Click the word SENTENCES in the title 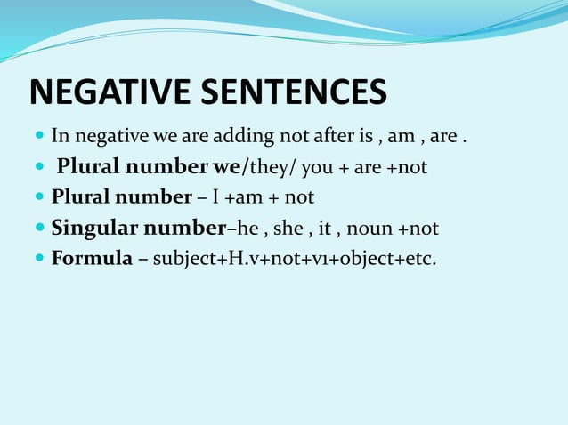coord(298,92)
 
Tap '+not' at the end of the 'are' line coord(408,167)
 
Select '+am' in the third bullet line coord(242,197)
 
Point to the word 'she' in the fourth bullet coord(289,229)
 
